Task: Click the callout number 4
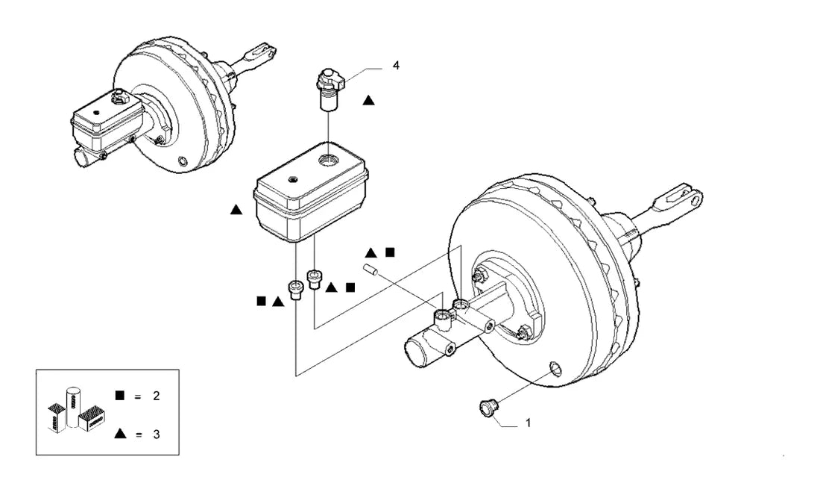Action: (x=396, y=66)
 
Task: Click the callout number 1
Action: (x=528, y=423)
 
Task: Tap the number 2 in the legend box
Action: (x=156, y=396)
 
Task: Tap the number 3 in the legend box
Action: (x=156, y=434)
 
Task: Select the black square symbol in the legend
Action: (x=120, y=395)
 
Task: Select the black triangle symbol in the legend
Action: (x=120, y=433)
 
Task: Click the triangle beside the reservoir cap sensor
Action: (x=369, y=100)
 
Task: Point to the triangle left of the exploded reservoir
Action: (x=236, y=210)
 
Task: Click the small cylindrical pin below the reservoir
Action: (x=370, y=271)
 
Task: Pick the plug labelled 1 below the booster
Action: (x=489, y=408)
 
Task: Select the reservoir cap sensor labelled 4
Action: (x=330, y=88)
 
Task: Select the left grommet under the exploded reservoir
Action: (x=296, y=289)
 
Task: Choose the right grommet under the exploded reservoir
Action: (x=315, y=278)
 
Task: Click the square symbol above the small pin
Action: (x=390, y=252)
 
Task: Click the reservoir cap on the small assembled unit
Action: (x=120, y=98)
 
